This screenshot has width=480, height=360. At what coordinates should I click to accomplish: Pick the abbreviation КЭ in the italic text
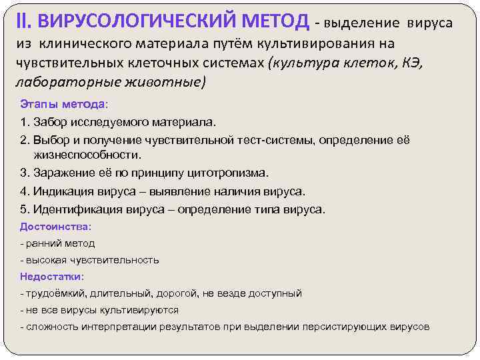(x=413, y=63)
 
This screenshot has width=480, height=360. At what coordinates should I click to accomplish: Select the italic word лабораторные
(x=54, y=83)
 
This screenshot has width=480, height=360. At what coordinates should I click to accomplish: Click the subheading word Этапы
(x=39, y=105)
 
